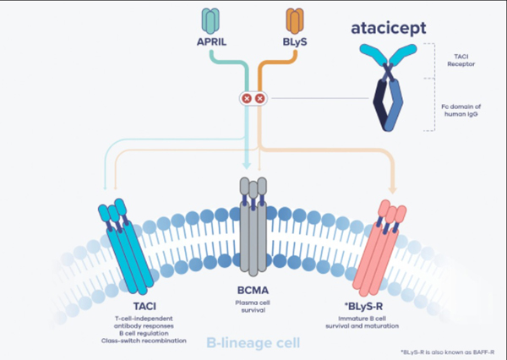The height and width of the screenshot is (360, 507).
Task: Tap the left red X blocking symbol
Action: [x=247, y=99]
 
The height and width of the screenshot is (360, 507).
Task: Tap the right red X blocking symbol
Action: [x=259, y=99]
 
